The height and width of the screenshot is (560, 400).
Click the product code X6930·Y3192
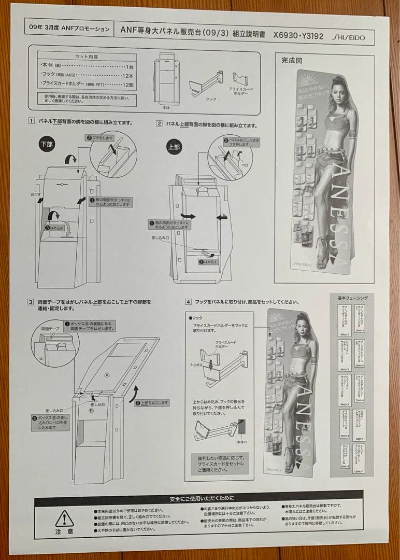coord(298,37)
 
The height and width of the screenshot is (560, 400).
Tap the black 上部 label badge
coord(174,147)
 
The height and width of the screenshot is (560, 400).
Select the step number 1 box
coord(32,122)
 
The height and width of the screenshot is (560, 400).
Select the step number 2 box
coord(159,124)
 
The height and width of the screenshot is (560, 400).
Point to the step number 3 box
coord(31,302)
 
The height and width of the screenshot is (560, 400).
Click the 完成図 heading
coord(292,60)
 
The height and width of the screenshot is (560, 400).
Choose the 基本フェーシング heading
coord(352,298)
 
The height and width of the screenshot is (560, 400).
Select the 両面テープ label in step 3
coord(43,329)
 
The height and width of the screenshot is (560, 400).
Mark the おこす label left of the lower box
coord(35,195)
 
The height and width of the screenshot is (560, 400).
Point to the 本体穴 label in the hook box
coord(241,442)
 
